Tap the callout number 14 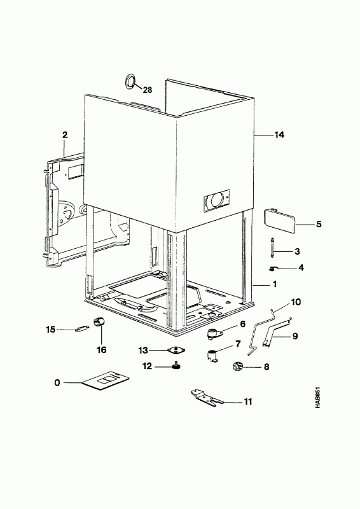coord(279,135)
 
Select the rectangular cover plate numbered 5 coord(280,221)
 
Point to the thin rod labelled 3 coord(272,248)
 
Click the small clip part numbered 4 coord(273,268)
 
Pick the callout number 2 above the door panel coord(65,135)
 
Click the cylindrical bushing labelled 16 coord(99,323)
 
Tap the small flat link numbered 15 coord(81,329)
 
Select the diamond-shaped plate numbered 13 coord(176,351)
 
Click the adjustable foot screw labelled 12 coord(176,366)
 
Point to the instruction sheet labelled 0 coord(105,380)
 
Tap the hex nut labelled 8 coord(237,367)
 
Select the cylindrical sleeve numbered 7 coord(212,356)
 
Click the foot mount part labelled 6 coord(214,333)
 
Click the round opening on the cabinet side coord(216,200)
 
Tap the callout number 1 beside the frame coord(275,284)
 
